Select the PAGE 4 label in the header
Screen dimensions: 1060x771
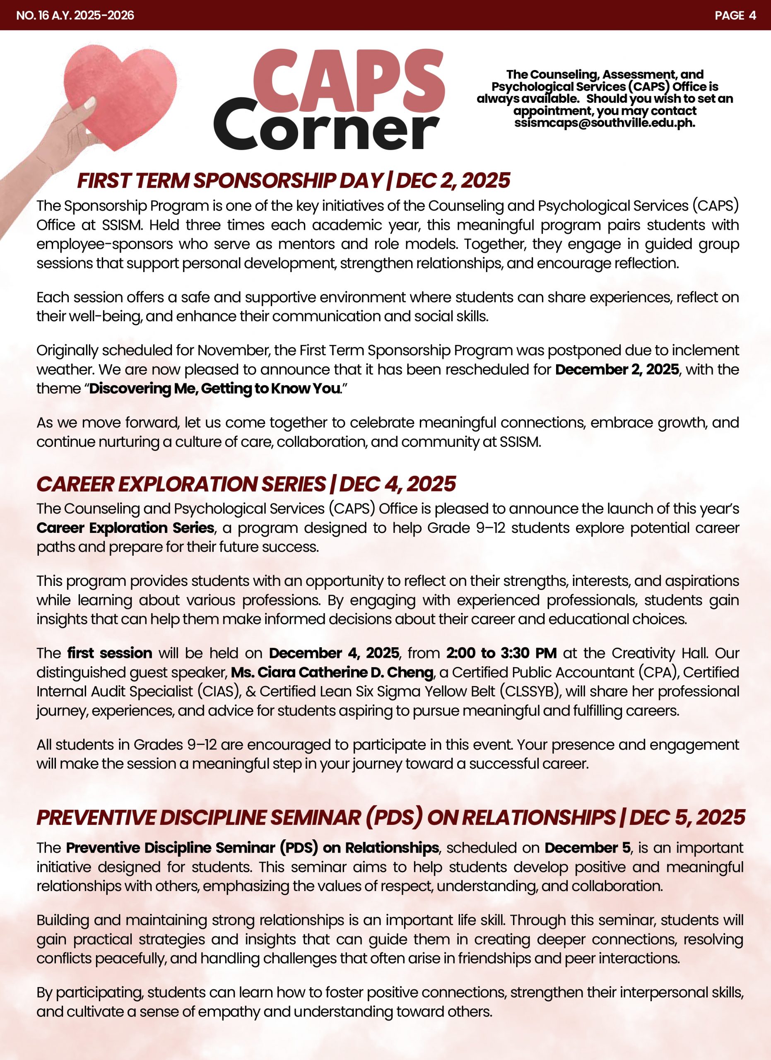[x=735, y=15]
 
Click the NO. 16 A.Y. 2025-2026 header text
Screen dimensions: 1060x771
[x=75, y=15]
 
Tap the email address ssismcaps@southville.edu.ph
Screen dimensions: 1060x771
[x=605, y=123]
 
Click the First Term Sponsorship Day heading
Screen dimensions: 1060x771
[x=293, y=181]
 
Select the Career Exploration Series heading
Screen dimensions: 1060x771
[x=246, y=484]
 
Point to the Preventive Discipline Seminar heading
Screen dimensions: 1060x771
[x=390, y=817]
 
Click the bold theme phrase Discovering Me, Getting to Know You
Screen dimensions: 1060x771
[x=214, y=388]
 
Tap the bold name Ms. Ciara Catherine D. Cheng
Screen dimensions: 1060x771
[x=332, y=672]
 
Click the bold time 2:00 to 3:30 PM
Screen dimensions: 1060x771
[x=501, y=653]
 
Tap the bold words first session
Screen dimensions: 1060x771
[x=109, y=653]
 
